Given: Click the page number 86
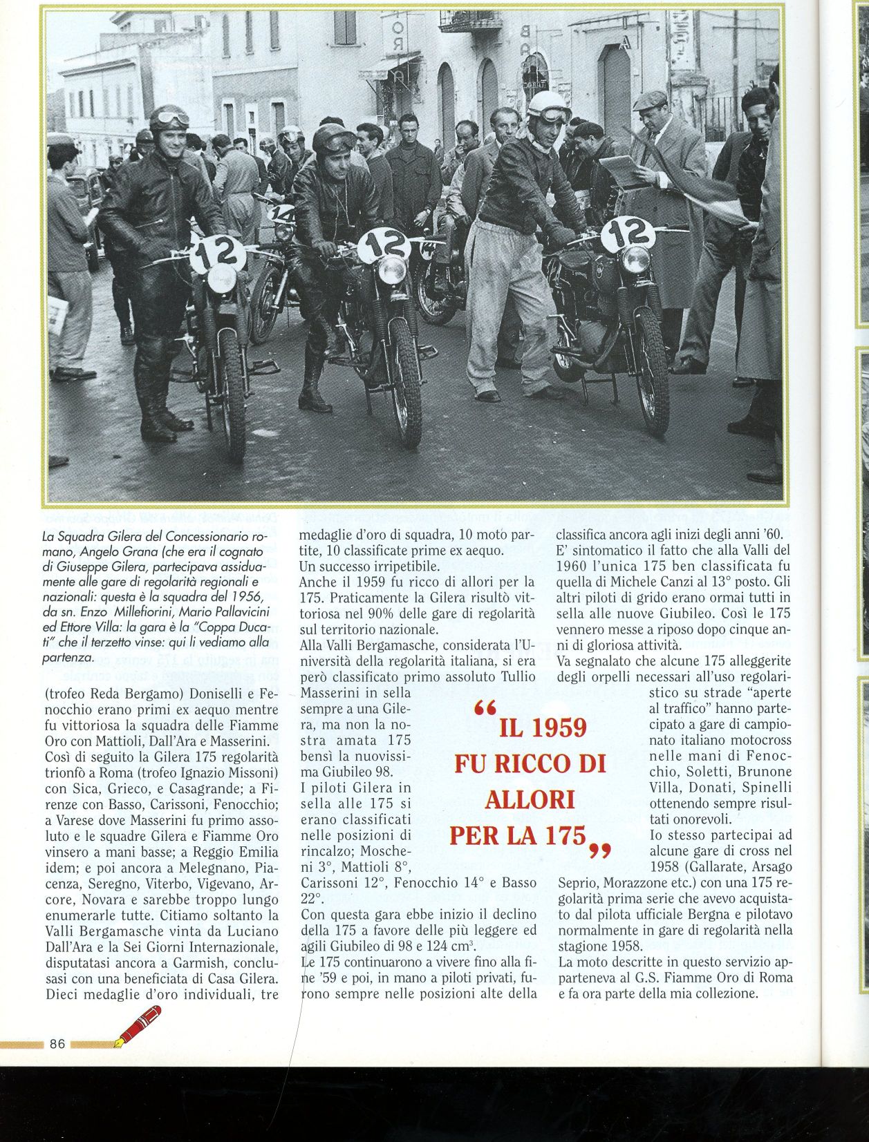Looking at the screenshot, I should point(57,1043).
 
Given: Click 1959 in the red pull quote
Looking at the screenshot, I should point(551,727).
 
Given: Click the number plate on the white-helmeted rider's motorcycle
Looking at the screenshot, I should point(627,234).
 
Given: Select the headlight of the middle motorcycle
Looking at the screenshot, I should point(392,270).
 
